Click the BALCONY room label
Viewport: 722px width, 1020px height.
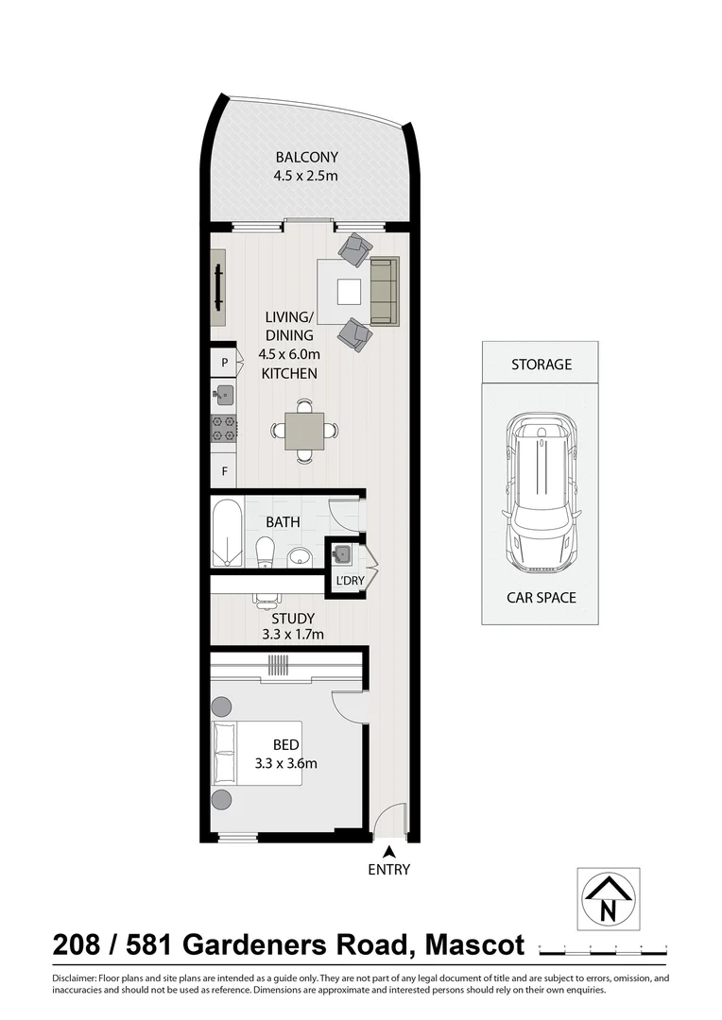click(306, 157)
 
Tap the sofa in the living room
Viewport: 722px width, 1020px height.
click(385, 290)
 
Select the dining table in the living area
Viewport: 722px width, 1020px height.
click(304, 431)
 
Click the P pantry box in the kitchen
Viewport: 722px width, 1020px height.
click(224, 362)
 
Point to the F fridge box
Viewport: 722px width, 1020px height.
click(224, 470)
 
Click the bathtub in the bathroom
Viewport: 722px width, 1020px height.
click(228, 534)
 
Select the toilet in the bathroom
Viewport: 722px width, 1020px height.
click(265, 552)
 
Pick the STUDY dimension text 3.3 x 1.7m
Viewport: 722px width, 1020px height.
click(293, 635)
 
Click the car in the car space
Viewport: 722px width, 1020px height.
click(541, 493)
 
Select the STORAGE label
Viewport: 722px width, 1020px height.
click(541, 364)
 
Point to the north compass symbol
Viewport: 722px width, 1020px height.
click(608, 898)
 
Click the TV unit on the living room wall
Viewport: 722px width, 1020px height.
click(218, 287)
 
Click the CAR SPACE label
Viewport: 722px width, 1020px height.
click(541, 598)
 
